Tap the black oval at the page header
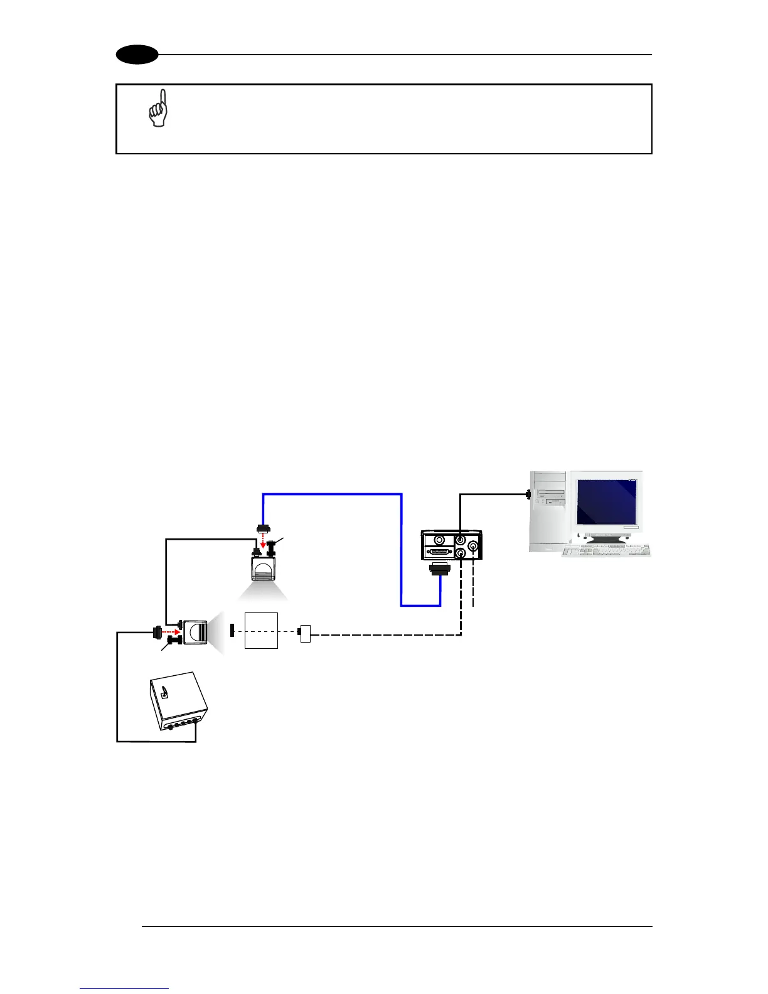pos(136,55)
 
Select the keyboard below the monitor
pos(606,550)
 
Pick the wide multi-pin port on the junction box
pos(439,552)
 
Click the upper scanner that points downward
pos(264,570)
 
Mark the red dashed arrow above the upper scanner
pos(262,541)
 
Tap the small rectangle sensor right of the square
pos(306,634)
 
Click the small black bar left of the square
pos(232,630)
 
